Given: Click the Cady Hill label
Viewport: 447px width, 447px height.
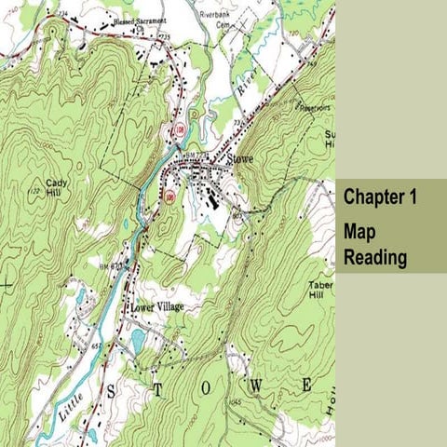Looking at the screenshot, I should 55,188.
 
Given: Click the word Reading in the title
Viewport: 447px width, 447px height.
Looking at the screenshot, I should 375,257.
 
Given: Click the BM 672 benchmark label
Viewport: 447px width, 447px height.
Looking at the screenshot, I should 113,267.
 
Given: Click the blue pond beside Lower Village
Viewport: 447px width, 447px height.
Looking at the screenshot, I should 139,341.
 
